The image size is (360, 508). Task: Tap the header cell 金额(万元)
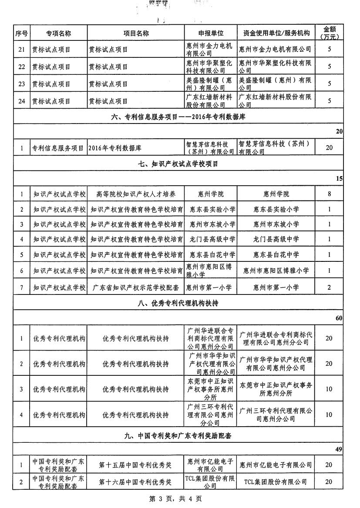[x=329, y=33]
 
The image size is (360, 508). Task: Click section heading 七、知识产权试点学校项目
[x=178, y=164]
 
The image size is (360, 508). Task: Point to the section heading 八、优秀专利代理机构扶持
[x=178, y=303]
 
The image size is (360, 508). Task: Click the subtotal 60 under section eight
[x=339, y=318]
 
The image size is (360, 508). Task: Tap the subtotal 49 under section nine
[x=339, y=449]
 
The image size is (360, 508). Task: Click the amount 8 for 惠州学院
[x=329, y=194]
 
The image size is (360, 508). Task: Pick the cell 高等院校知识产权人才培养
[x=136, y=194]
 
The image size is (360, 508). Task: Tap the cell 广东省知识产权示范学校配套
[x=136, y=287]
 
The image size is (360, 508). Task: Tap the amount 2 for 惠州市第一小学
[x=329, y=287]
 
